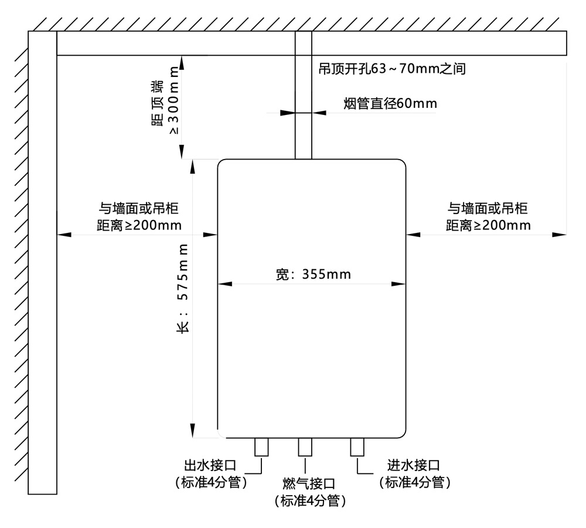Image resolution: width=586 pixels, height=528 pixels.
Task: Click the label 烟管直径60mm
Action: click(390, 104)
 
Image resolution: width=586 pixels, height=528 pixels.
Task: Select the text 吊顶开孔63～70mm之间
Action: click(391, 69)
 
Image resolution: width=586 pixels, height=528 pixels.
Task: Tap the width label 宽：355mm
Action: click(314, 274)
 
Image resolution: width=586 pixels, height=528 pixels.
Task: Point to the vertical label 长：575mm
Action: click(183, 288)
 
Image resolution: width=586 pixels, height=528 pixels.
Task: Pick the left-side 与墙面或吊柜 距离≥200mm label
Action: click(139, 216)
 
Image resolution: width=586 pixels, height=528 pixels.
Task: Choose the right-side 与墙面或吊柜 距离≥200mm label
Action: click(488, 216)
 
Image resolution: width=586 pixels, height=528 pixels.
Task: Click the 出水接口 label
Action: click(210, 466)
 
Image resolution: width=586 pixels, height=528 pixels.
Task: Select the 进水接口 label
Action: click(414, 466)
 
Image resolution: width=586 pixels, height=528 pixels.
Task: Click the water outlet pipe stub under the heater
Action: click(261, 448)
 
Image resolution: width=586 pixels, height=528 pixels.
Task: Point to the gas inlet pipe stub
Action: click(305, 448)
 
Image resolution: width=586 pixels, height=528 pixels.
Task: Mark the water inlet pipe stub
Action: click(357, 448)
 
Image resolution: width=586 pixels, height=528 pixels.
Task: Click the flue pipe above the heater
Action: click(303, 106)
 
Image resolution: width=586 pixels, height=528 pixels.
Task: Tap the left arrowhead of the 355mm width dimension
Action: click(223, 284)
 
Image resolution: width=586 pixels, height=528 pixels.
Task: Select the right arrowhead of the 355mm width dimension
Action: click(400, 284)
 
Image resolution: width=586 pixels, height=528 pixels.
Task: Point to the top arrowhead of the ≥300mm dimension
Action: click(182, 60)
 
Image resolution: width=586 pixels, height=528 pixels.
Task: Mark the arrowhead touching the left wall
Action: click(63, 235)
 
